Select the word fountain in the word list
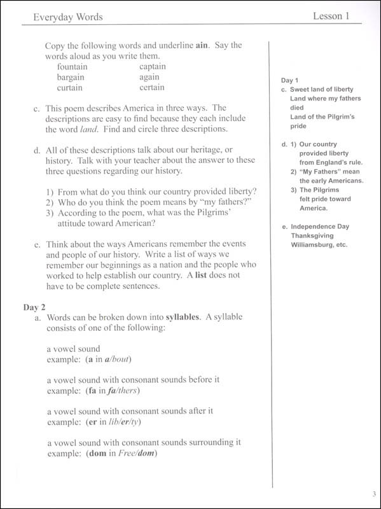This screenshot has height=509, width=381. (76, 66)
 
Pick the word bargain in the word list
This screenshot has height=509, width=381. (74, 76)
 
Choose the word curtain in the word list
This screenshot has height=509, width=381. (73, 87)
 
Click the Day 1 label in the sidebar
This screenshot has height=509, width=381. (289, 81)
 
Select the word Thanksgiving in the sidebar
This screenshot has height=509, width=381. (312, 235)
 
